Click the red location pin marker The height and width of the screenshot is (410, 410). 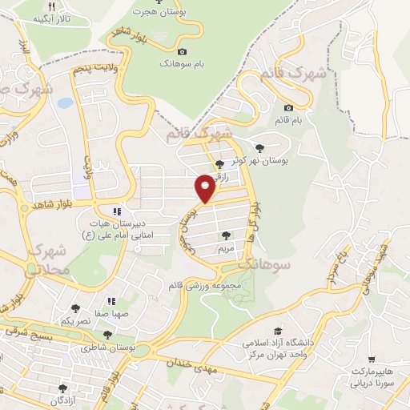pos(205,188)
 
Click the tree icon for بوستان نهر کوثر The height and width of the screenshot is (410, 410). pos(259,147)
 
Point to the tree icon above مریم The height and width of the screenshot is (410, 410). pos(225,236)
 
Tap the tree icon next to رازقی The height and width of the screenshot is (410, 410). pos(220,164)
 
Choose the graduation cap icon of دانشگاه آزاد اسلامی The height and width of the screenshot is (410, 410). pos(278,331)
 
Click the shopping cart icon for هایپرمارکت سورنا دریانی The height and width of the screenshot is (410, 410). pos(371,360)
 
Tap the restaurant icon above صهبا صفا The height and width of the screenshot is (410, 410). pos(111,302)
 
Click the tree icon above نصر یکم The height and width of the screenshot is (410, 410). pos(75,307)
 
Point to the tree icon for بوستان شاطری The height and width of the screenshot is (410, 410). pos(107,335)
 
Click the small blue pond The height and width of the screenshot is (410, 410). pos(64,103)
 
